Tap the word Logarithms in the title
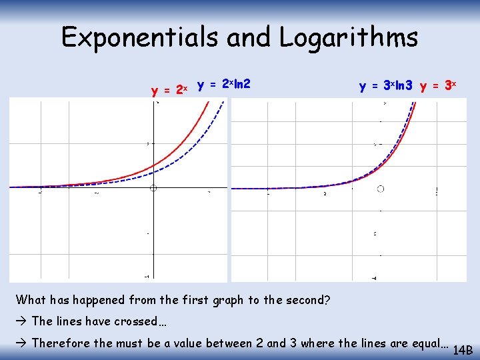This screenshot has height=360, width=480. [349, 37]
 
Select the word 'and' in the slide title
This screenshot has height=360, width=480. [249, 37]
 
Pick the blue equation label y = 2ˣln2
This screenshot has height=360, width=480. [224, 85]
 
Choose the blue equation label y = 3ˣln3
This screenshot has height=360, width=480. [385, 86]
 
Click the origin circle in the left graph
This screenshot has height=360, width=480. [153, 189]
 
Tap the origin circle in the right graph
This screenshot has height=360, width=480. [381, 189]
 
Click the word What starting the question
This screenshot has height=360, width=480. [31, 300]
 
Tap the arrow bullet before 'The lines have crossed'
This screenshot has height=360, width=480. [21, 321]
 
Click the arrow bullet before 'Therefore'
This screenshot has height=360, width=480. [21, 343]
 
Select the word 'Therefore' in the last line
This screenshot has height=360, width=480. [61, 343]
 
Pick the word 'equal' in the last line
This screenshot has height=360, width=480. [424, 343]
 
